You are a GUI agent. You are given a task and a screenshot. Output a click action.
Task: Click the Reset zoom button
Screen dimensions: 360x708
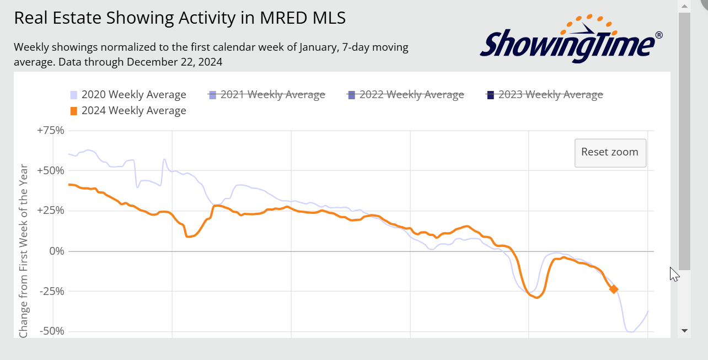(x=610, y=153)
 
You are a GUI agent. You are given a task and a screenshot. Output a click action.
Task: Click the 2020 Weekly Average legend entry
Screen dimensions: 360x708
(x=133, y=95)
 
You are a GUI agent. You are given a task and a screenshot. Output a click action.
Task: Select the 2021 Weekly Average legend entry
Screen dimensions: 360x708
(x=272, y=95)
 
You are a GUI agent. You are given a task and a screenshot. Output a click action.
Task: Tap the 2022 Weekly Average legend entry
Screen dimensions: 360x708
(x=411, y=95)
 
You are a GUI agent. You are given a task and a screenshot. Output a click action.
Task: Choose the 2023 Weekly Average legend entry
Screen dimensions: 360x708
(x=550, y=95)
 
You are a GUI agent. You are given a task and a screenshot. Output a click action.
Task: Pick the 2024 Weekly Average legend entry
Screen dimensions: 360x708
(x=133, y=111)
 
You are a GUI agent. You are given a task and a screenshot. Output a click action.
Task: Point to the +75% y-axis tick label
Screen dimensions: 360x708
(x=51, y=131)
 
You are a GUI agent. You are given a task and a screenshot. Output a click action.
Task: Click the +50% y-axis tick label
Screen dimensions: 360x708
(x=51, y=171)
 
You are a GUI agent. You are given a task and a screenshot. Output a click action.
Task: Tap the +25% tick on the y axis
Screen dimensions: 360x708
(x=51, y=211)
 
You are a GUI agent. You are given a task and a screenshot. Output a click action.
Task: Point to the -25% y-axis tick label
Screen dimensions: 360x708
(x=52, y=291)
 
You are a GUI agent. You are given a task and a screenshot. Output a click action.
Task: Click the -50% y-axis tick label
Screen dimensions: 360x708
(x=52, y=331)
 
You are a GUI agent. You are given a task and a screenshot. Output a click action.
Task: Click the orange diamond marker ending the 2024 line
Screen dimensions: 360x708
(x=613, y=289)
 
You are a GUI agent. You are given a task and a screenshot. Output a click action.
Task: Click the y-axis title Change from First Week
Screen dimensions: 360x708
(x=24, y=251)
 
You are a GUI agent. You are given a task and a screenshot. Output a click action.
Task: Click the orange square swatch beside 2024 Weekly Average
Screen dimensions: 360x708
(x=74, y=111)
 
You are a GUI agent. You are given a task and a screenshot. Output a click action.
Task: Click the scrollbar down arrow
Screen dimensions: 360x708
(x=684, y=331)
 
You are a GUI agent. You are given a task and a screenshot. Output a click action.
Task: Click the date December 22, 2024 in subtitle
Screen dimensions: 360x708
(x=174, y=62)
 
